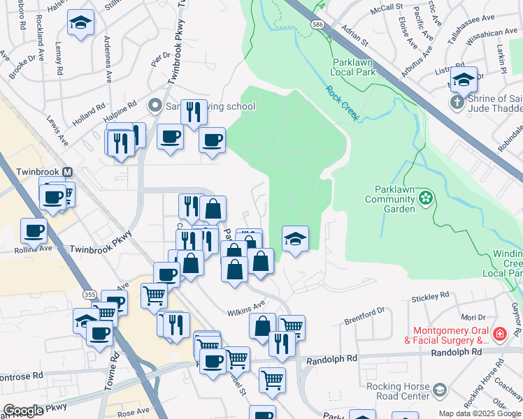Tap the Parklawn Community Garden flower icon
tap(426, 200)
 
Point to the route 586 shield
tap(318, 24)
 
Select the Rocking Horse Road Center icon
tap(440, 388)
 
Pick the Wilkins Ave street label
tap(245, 305)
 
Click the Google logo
tap(23, 411)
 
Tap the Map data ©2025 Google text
tap(479, 413)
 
